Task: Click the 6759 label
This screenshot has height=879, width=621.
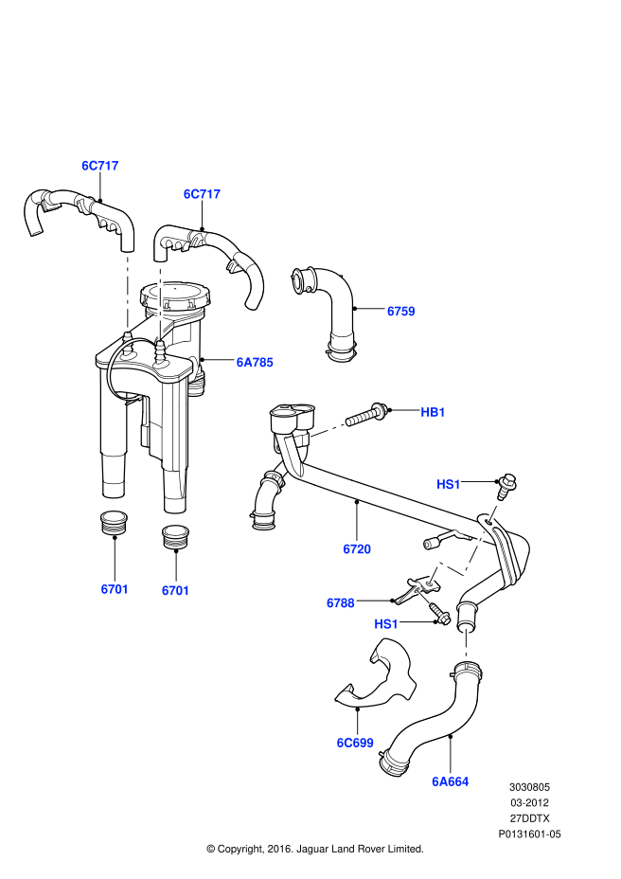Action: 400,312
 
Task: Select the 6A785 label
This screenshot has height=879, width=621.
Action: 254,363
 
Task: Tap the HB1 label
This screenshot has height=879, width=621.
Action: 433,412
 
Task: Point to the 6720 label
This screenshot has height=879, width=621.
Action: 356,549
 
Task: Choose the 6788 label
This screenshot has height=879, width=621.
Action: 340,603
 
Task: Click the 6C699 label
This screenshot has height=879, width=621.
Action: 354,743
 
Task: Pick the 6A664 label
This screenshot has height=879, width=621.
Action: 450,781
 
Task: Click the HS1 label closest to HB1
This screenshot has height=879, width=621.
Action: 448,485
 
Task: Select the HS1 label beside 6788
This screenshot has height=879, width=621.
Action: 386,624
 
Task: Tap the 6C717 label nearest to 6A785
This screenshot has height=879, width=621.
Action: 201,194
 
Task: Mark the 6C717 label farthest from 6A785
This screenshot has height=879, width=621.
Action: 99,166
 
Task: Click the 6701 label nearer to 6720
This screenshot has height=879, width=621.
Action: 175,591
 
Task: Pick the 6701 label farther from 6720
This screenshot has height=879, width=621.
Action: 115,589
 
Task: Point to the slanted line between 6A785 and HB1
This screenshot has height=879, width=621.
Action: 327,431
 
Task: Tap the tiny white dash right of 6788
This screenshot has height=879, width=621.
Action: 423,597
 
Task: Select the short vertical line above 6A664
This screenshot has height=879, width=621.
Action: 466,644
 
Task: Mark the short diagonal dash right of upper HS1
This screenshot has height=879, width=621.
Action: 493,512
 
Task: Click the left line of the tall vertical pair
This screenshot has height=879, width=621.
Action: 127,292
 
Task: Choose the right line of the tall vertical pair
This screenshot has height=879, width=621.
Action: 160,303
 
